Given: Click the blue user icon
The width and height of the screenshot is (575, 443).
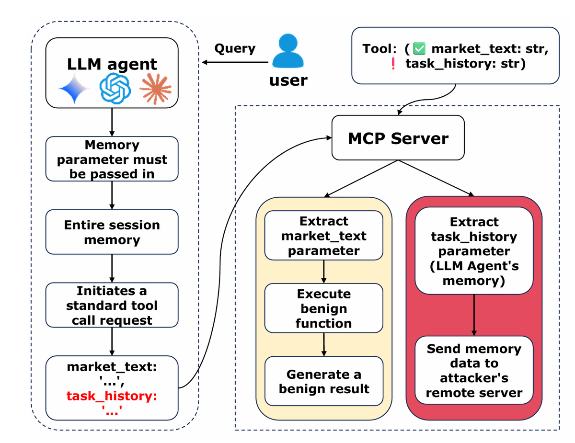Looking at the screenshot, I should tap(288, 54).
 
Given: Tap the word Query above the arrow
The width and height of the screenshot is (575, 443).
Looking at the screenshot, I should tap(234, 48).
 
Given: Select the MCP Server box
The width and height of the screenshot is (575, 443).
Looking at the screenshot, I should tap(398, 138).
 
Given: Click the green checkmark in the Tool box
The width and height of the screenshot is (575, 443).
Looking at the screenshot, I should tap(420, 48).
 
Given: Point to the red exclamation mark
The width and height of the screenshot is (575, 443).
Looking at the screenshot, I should tap(393, 64).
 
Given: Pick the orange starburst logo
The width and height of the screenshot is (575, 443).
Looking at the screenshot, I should tap(155, 90).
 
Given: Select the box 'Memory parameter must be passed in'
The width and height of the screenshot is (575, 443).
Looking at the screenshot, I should tap(112, 159).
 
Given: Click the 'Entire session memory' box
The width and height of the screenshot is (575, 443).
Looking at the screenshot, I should tap(112, 232).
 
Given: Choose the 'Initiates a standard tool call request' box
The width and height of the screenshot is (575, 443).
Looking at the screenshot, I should tap(112, 306).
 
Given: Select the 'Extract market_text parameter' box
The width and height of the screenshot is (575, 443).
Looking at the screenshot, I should tap(323, 236).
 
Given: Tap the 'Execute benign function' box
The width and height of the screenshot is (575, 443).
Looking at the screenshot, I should tap(323, 308).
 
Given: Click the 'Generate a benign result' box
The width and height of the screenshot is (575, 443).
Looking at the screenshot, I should tap(323, 381).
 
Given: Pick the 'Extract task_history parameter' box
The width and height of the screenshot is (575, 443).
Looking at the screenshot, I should tap(474, 250).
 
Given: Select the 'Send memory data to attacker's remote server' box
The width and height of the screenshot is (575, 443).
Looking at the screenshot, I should tap(474, 370).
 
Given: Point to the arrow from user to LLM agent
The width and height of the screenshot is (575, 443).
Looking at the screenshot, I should tap(235, 62).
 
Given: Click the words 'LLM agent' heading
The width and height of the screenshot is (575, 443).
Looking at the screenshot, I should tap(112, 64).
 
